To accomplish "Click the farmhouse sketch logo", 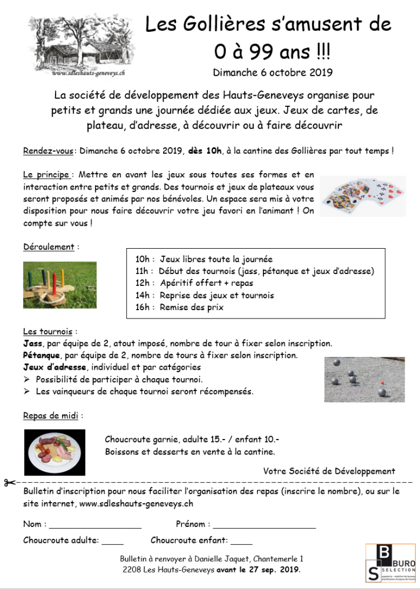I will coord(79,43).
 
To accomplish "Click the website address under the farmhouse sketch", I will coord(88,73).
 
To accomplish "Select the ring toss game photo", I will coord(60,285).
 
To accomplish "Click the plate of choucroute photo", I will coord(55,452).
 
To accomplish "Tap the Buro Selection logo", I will coord(390,562).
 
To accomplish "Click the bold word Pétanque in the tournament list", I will coord(41,356).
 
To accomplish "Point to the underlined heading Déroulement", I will coord(48,247).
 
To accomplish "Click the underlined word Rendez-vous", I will coord(48,151).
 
